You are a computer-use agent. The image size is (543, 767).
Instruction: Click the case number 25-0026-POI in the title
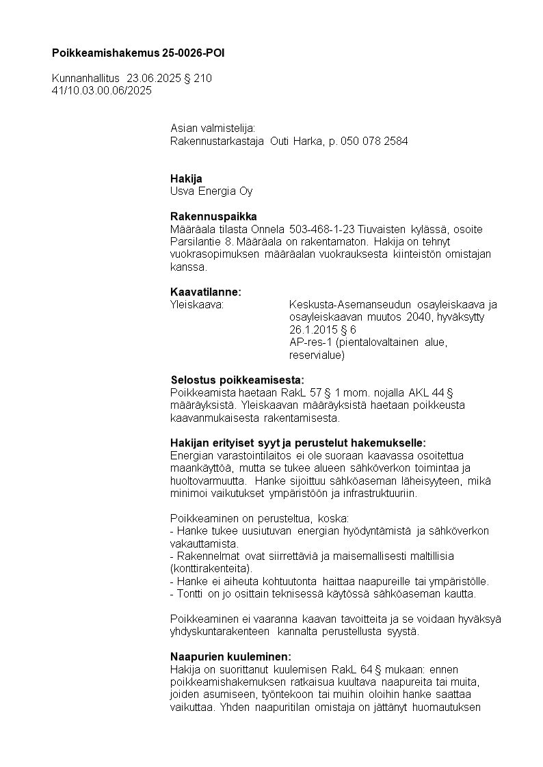(x=194, y=53)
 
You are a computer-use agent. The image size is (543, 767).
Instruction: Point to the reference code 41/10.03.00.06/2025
(x=102, y=90)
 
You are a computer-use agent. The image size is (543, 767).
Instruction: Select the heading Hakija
(x=186, y=178)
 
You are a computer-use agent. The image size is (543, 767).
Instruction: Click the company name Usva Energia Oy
(x=211, y=191)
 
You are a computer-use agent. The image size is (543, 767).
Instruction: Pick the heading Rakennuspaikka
(x=213, y=216)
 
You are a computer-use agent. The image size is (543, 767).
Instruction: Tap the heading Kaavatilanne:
(x=206, y=292)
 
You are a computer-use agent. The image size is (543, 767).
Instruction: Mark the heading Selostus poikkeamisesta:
(x=237, y=379)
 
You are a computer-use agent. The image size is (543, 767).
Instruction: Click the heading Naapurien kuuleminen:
(x=230, y=656)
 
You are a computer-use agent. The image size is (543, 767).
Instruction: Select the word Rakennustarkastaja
(x=217, y=141)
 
